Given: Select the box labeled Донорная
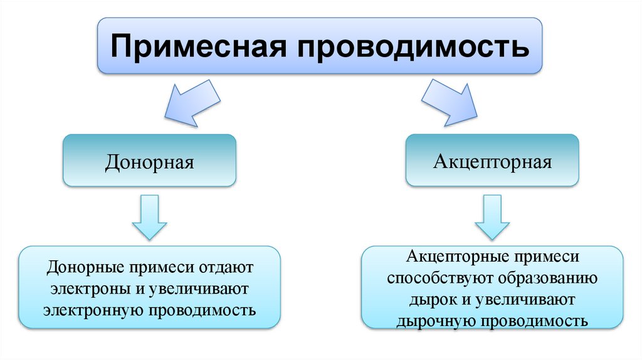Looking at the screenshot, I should (x=149, y=162).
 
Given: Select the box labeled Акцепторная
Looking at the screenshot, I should (x=492, y=162).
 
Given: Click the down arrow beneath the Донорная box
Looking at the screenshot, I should (x=149, y=216).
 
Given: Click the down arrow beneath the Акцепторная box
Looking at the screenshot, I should (x=492, y=216).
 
